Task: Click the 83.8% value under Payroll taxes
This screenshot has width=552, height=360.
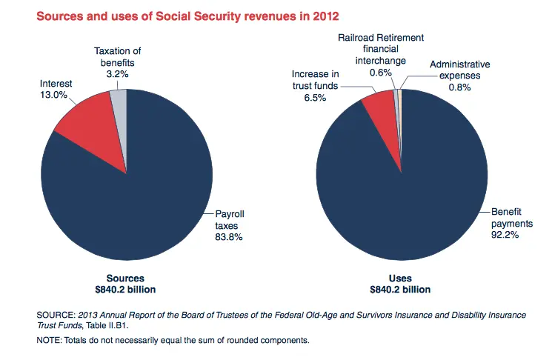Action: tap(227, 237)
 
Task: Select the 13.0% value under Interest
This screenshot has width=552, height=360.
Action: tap(53, 95)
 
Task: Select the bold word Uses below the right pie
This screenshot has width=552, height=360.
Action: tap(400, 278)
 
